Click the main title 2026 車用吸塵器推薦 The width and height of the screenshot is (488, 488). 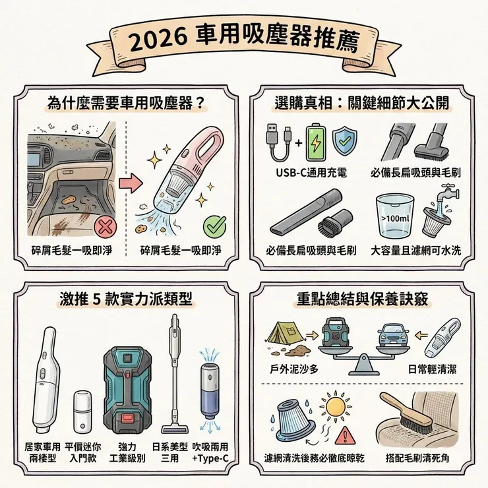click(243, 41)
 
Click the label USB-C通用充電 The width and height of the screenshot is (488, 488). click(313, 173)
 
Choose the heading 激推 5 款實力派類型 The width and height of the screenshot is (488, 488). click(125, 297)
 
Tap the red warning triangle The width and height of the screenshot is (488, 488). click(343, 435)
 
